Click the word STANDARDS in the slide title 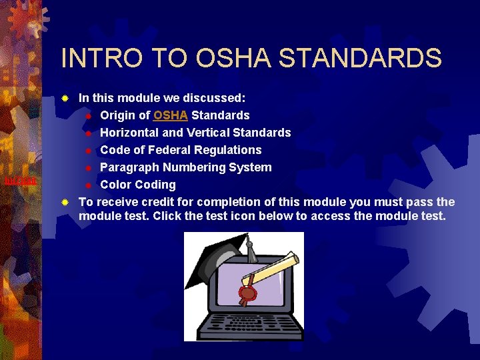click(360, 58)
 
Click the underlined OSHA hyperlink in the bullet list click(171, 115)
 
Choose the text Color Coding click(137, 185)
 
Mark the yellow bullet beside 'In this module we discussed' click(65, 98)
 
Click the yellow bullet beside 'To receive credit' click(65, 202)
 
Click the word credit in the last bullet click(152, 202)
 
